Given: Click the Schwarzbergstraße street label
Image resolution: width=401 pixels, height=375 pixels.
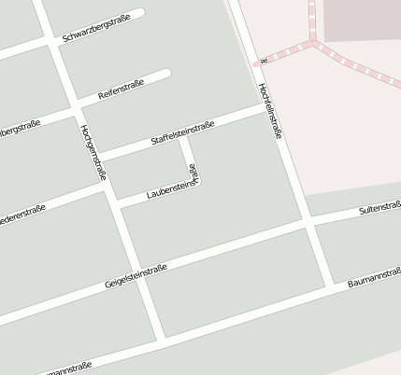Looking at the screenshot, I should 96,30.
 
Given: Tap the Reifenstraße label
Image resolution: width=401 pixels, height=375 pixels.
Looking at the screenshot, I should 120,90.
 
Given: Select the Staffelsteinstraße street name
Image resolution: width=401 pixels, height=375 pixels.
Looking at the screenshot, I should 183,133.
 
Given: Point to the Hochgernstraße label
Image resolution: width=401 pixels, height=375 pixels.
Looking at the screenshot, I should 93,151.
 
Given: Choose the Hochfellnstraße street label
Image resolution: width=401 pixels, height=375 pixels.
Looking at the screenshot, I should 271,110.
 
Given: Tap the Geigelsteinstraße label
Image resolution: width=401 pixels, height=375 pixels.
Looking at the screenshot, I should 136,275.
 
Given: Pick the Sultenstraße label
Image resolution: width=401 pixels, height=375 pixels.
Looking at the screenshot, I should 380,207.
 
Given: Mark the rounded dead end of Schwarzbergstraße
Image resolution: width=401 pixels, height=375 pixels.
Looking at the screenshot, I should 140,14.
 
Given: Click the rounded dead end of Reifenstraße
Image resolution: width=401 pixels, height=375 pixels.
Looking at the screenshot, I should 166,74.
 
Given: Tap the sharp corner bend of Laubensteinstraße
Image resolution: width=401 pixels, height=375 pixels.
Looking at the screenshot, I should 198,179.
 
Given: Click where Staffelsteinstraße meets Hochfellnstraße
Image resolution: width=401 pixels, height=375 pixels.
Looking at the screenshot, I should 266,108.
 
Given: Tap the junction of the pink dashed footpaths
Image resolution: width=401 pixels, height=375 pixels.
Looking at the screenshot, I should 314,41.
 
